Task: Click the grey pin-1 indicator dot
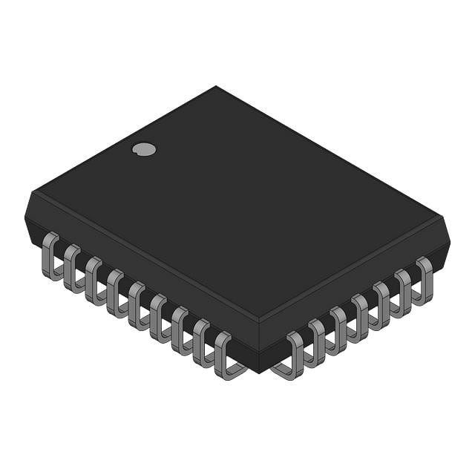click(x=144, y=149)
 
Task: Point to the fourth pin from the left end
click(x=116, y=292)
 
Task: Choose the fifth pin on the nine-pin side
click(x=137, y=304)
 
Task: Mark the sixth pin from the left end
click(x=159, y=317)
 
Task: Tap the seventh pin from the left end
click(x=180, y=330)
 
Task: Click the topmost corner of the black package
click(x=216, y=87)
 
